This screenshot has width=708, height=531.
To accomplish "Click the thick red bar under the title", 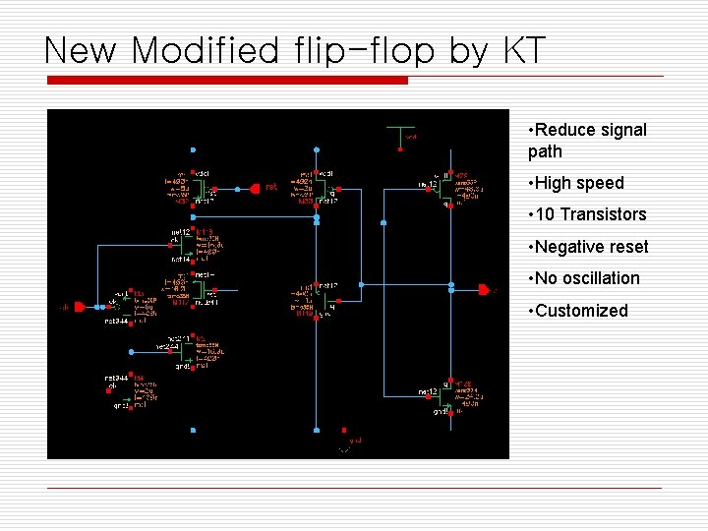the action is coord(226,81).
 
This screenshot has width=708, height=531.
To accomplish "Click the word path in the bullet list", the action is coord(545,151).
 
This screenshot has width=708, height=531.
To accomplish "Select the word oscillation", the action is coord(600,278).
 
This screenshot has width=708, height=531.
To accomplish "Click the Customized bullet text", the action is coord(581,311).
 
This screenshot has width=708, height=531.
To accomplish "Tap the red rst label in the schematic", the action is coord(271,187).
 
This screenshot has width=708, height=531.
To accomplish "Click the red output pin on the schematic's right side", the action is coord(483,290).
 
